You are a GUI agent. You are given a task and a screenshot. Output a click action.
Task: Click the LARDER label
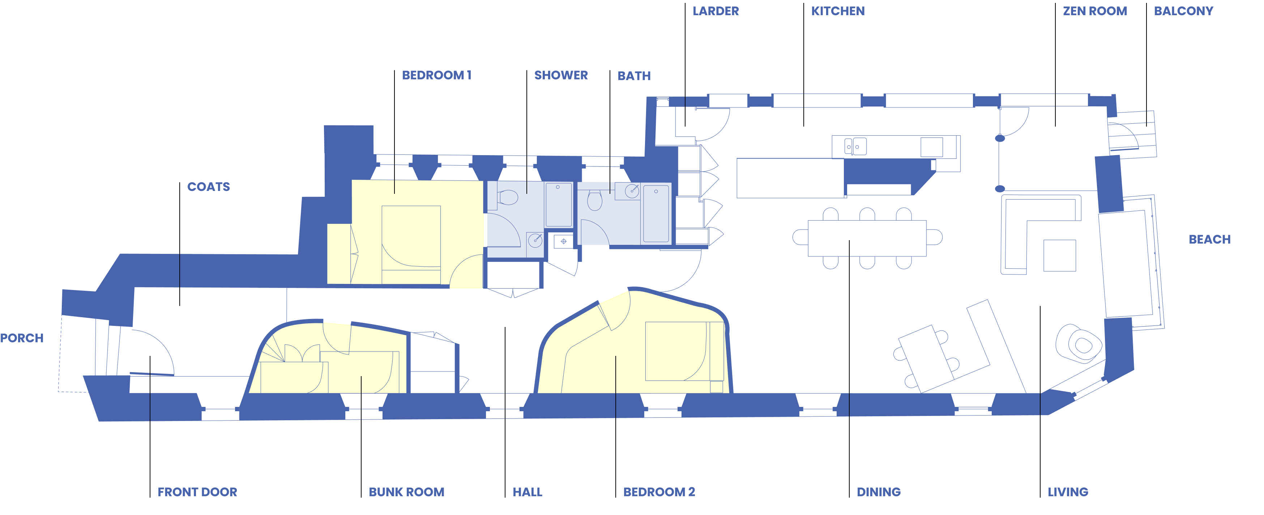[716, 11]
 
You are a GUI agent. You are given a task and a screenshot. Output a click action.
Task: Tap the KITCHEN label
[838, 11]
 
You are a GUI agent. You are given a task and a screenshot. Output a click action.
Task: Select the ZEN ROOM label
[1095, 11]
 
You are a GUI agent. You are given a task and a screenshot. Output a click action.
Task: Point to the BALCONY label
[1183, 11]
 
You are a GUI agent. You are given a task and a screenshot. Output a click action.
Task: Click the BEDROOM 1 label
[436, 76]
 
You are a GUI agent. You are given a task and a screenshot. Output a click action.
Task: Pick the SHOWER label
[561, 76]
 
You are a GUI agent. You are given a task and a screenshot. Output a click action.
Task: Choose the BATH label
[634, 76]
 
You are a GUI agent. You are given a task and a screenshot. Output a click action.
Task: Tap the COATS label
[209, 187]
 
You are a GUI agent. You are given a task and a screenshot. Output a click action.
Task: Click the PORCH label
[22, 338]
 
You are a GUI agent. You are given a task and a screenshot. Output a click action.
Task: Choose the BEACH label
[1209, 239]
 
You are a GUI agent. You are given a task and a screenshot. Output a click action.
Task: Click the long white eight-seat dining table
[867, 238]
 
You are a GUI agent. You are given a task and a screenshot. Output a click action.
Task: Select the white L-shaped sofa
[1016, 231]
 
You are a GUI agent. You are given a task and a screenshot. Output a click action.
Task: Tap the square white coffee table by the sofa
[1059, 255]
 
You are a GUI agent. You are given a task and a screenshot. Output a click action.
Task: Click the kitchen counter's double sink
[855, 146]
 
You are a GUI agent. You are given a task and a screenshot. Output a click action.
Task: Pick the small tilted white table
[925, 358]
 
